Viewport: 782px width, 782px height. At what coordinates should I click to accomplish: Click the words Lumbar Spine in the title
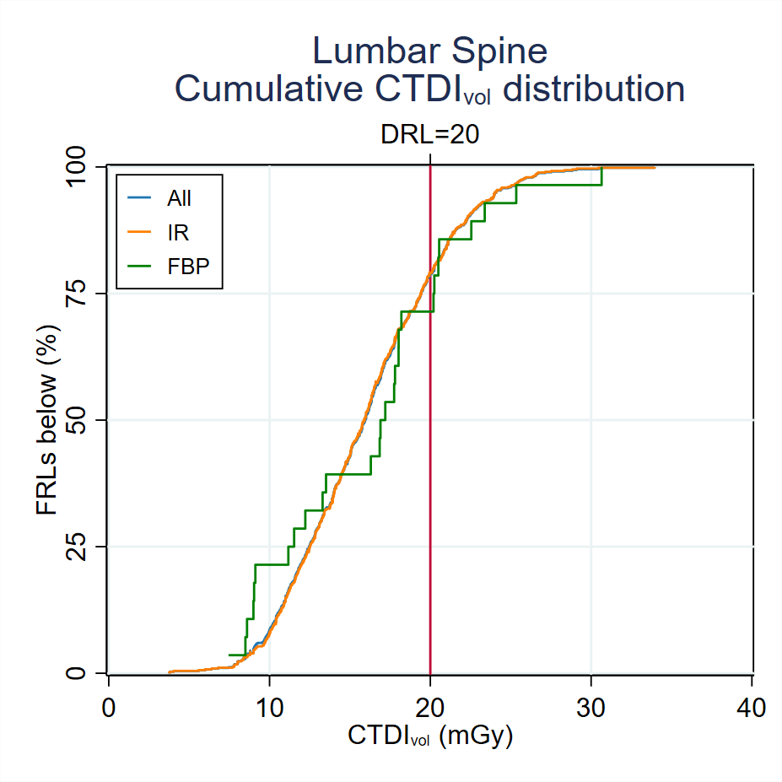(x=429, y=51)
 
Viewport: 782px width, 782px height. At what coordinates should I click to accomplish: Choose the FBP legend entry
(x=187, y=264)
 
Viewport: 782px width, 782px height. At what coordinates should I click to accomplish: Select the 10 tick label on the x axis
(x=269, y=707)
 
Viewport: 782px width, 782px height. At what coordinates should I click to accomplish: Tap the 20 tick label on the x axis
(x=430, y=707)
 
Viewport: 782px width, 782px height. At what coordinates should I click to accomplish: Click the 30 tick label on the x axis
(x=591, y=707)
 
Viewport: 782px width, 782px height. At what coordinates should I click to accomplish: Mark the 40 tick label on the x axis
(x=752, y=707)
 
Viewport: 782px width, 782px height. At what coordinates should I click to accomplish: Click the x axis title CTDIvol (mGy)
(x=430, y=736)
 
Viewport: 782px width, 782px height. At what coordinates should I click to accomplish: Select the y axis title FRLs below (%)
(x=47, y=419)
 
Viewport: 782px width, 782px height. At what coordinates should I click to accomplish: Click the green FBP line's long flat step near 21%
(x=272, y=564)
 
